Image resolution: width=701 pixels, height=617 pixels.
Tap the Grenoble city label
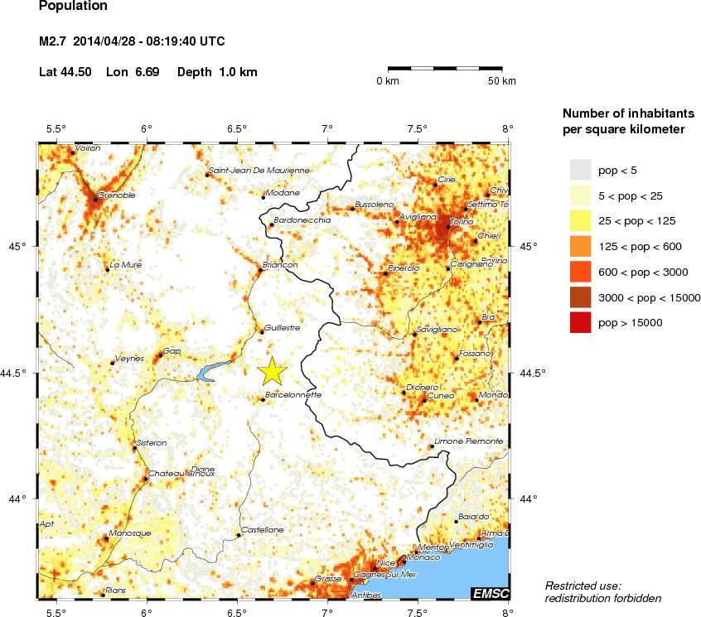tap(116, 196)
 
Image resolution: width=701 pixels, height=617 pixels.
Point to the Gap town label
tap(172, 351)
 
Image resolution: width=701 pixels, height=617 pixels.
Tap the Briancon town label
tap(279, 265)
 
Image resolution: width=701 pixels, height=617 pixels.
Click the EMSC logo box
tap(490, 593)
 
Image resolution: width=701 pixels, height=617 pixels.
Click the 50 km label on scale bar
tap(501, 81)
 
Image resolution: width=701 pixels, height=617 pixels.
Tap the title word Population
tap(73, 6)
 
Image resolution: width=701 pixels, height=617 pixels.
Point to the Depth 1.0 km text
tap(217, 72)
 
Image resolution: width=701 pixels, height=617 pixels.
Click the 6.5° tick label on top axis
tap(237, 128)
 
